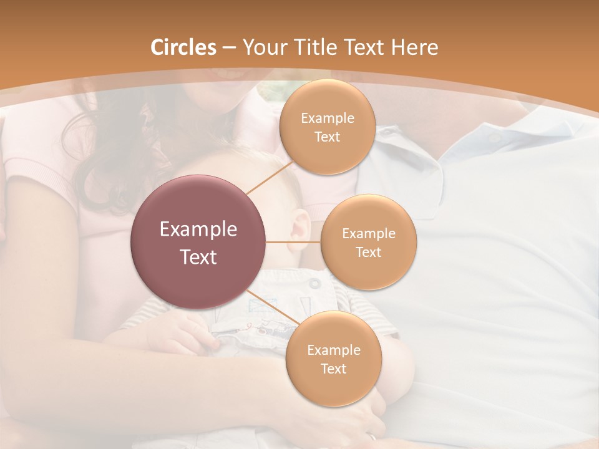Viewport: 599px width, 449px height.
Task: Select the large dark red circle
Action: [198, 242]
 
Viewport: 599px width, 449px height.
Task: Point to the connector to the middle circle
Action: [293, 242]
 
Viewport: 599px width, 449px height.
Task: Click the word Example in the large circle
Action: [198, 229]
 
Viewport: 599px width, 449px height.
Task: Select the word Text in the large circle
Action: [198, 257]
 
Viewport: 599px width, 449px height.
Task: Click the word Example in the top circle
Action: [327, 118]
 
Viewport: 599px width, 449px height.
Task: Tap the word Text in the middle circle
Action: [368, 253]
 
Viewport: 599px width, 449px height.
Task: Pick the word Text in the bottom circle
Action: [333, 369]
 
